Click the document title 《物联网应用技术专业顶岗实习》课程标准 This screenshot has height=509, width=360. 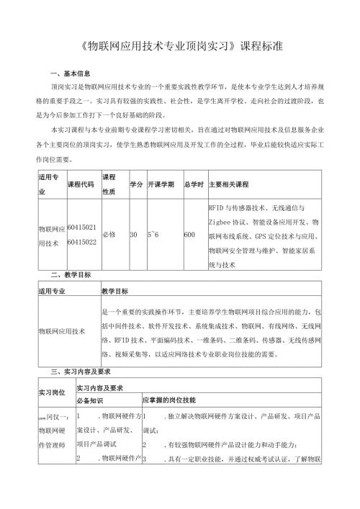pos(180,45)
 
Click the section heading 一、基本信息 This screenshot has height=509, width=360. pos(70,74)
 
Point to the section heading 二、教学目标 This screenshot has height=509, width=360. pos(70,276)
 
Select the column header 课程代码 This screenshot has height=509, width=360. pos(80,184)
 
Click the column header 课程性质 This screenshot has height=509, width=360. pos(110,184)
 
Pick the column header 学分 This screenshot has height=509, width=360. pos(135,184)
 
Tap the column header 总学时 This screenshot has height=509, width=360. pos(194,184)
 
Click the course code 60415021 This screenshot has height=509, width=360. pos(81,228)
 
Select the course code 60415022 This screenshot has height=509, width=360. pos(81,242)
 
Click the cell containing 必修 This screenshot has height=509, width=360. pos(109,235)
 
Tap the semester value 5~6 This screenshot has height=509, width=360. pos(153,235)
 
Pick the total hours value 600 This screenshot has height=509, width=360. pos(189,235)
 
